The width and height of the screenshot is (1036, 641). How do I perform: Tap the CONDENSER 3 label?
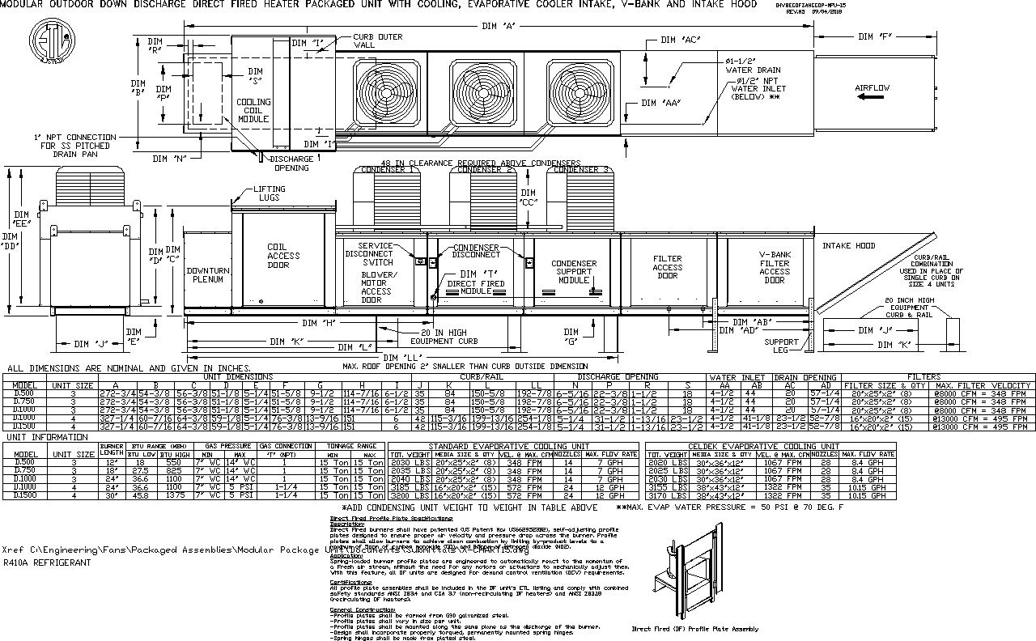click(x=580, y=170)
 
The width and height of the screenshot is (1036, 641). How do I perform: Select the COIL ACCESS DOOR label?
click(x=283, y=256)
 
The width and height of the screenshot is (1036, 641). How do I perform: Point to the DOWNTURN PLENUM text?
click(x=208, y=274)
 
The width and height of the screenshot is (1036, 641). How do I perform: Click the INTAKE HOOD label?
click(x=848, y=246)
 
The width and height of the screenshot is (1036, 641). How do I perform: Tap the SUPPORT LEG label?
click(x=782, y=347)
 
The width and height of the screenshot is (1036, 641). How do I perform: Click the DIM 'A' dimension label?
click(x=499, y=27)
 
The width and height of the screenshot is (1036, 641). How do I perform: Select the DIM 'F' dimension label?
click(x=875, y=36)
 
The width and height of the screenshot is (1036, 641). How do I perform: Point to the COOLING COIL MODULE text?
click(x=253, y=111)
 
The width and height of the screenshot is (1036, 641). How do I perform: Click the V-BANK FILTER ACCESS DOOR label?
click(x=774, y=267)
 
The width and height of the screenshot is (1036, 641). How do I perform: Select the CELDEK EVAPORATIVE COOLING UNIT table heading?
click(x=762, y=446)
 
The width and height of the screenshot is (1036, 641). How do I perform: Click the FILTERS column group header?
click(x=936, y=377)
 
